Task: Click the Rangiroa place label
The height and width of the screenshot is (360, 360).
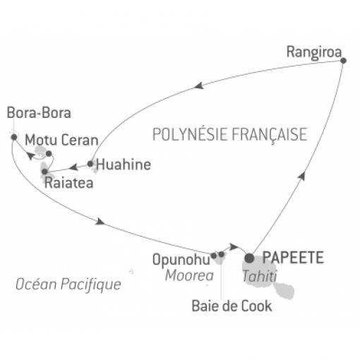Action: pos(314,52)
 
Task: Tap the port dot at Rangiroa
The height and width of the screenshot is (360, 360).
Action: pos(343,61)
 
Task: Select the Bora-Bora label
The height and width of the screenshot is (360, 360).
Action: pos(39,113)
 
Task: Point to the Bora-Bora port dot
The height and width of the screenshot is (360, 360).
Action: pos(14,137)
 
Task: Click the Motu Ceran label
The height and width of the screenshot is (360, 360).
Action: pos(61,140)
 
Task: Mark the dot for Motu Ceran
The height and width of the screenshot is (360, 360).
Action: pos(49,154)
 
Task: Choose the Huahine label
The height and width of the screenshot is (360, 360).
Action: pos(124,164)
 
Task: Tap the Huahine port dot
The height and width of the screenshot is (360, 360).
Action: pos(90,164)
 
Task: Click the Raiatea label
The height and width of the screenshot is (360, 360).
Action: pos(69,183)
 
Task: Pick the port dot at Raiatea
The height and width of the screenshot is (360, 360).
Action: pos(44,172)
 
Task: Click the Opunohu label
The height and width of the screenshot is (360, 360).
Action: pos(181,260)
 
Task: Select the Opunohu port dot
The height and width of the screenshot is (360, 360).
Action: pos(214,256)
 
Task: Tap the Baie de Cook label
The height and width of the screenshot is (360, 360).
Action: pos(232,306)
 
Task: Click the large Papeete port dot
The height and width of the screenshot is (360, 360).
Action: pos(250,258)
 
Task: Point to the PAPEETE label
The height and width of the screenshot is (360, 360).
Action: pos(293,258)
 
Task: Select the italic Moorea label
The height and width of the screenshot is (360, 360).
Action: pos(189,275)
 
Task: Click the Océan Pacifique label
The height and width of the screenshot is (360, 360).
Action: pos(68,284)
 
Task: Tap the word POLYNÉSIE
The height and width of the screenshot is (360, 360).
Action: pos(191,134)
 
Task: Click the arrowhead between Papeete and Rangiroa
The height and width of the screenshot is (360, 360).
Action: pos(302,176)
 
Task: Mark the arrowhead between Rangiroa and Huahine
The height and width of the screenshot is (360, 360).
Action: pos(199,85)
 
